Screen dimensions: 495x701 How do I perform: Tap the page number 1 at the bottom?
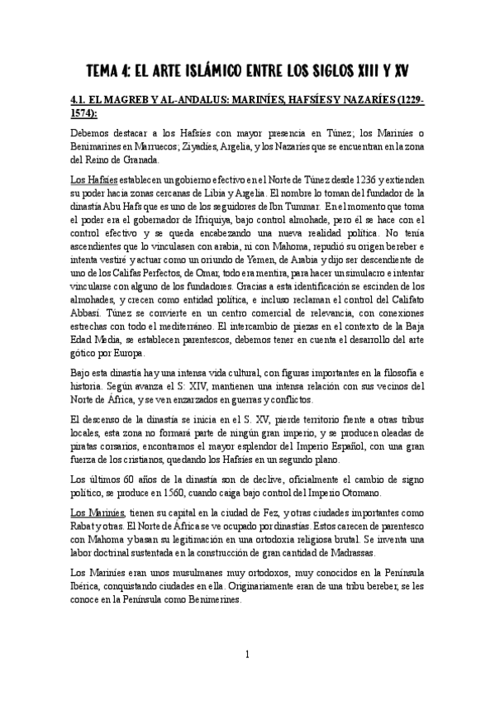pos(247,654)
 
